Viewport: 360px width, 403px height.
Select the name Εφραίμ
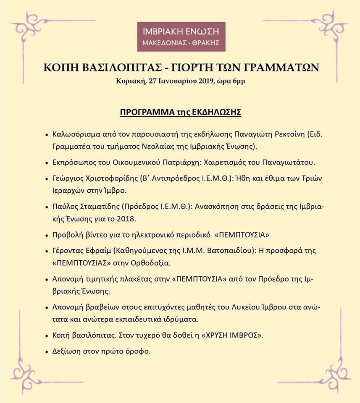click(99, 251)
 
